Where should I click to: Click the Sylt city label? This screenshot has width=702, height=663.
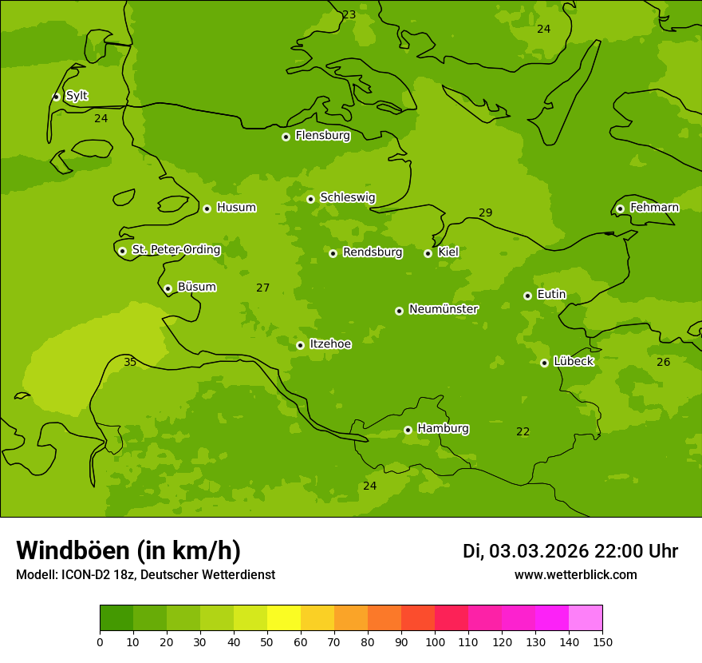[77, 96]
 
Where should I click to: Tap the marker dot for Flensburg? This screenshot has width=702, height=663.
[286, 137]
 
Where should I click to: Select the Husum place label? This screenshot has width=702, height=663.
[236, 208]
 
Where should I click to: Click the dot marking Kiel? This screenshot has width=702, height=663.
[428, 253]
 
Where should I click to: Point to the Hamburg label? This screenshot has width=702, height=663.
[443, 429]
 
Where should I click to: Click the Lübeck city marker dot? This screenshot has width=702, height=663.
[544, 363]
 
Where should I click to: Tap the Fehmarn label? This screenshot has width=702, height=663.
[654, 208]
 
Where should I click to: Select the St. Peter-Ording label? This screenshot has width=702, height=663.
[175, 250]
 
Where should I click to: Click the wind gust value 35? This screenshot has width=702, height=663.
[130, 363]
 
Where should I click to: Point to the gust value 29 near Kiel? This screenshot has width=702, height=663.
[485, 212]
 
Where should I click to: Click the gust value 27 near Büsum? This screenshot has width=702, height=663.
[262, 288]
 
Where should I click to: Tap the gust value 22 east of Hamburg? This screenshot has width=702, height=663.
[523, 432]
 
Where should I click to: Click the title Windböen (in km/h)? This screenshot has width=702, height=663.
[128, 550]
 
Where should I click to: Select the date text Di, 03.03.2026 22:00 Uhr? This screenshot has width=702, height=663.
[570, 551]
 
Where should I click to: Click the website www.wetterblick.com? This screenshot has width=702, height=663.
[575, 575]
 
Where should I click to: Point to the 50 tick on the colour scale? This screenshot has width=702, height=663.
[267, 641]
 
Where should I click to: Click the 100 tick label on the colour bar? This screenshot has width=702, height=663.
[435, 641]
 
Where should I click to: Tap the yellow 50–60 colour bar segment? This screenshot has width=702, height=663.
[284, 618]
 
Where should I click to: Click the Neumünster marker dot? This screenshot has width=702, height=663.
[399, 311]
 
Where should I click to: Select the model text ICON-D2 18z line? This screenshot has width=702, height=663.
[145, 575]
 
